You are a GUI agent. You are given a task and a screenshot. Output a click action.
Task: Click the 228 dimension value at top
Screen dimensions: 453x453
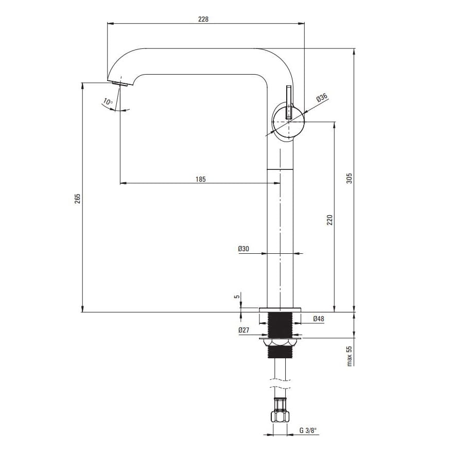tap(203, 19)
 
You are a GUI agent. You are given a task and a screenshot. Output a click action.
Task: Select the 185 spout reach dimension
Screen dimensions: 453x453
tap(200, 179)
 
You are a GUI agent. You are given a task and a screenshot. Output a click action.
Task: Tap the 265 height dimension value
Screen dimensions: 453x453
tap(77, 199)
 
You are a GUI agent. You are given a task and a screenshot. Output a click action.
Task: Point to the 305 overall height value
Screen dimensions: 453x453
tap(350, 178)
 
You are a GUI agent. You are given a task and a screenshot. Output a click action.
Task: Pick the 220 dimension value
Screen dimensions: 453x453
tap(329, 220)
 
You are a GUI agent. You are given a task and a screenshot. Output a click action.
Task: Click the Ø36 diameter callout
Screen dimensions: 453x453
tap(322, 98)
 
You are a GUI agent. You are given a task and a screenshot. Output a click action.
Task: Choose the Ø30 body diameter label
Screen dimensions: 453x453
tap(243, 249)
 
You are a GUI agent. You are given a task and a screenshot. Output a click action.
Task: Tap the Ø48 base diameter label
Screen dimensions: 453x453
tap(318, 319)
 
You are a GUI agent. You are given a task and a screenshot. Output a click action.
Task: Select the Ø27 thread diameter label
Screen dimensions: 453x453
tap(244, 330)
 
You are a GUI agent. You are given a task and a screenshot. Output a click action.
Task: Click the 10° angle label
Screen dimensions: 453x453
tap(108, 102)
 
